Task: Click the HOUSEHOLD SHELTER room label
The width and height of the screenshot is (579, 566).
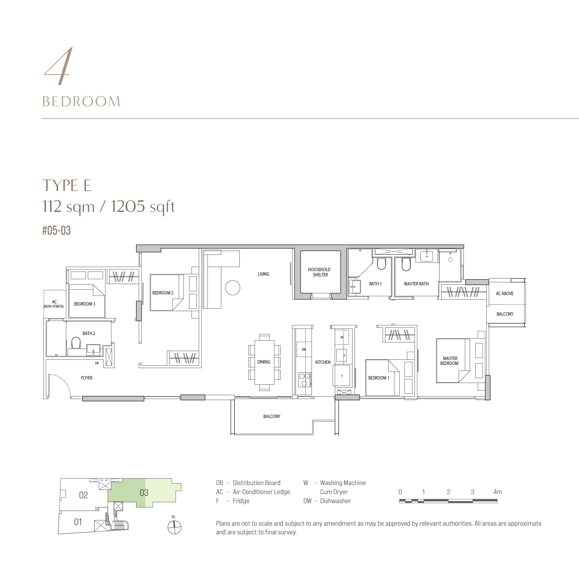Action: click(x=319, y=272)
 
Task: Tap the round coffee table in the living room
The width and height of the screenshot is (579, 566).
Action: click(x=232, y=288)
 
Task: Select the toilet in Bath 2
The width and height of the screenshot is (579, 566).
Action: click(x=76, y=343)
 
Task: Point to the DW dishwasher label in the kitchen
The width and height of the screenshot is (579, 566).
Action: click(x=304, y=349)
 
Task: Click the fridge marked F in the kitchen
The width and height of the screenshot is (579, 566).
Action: click(x=342, y=375)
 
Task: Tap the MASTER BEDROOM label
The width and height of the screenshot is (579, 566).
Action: click(x=450, y=361)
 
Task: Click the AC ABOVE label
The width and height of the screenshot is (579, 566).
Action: click(x=504, y=293)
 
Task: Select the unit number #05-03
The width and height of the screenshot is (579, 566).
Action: click(x=56, y=230)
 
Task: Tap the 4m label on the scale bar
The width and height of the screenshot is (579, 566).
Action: click(x=497, y=492)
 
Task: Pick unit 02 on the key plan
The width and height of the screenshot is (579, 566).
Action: click(x=84, y=495)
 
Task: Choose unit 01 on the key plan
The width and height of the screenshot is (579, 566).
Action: click(x=78, y=522)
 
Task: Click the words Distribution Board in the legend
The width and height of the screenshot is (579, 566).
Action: click(x=256, y=483)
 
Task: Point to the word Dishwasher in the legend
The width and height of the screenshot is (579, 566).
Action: click(x=335, y=501)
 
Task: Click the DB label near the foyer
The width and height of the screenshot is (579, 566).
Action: click(x=97, y=363)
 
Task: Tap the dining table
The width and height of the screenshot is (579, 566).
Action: click(x=264, y=362)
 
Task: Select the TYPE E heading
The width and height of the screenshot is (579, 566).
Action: click(x=67, y=185)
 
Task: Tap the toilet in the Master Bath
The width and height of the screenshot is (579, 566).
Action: click(x=406, y=264)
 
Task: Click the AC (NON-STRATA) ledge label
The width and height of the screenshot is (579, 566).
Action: click(x=54, y=304)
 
